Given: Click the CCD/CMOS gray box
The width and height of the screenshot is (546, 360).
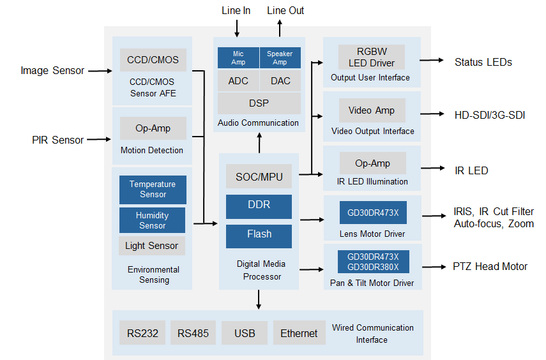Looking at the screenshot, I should click(x=153, y=60).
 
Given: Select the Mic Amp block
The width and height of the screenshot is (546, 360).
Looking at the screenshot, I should click(x=238, y=57).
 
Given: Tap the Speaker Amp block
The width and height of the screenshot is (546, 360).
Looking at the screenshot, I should click(x=280, y=57).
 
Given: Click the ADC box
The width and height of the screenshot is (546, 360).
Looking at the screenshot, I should click(x=238, y=81).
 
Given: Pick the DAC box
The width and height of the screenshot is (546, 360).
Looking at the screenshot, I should click(x=280, y=81).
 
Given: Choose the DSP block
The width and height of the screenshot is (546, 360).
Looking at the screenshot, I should click(x=259, y=103).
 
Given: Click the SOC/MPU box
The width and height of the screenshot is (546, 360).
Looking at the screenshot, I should click(x=259, y=176).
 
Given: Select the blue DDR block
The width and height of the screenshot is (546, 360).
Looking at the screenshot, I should click(x=259, y=206).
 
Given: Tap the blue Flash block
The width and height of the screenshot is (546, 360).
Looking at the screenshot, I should click(x=259, y=235).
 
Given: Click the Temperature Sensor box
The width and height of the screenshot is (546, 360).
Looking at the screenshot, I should click(x=153, y=190).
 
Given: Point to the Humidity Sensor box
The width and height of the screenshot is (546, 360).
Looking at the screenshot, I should click(x=153, y=220).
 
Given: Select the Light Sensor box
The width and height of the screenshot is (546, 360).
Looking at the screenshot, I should click(x=152, y=246).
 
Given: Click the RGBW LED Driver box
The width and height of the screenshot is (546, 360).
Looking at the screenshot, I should click(x=372, y=57).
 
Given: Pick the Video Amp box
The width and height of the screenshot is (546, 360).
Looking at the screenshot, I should click(x=372, y=110).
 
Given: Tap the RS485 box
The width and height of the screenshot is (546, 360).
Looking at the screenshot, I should click(x=193, y=333).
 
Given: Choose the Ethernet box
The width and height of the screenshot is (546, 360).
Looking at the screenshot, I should click(x=298, y=333).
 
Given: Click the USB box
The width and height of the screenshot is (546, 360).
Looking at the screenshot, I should click(x=245, y=333).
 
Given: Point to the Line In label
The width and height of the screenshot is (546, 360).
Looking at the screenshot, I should click(x=236, y=10).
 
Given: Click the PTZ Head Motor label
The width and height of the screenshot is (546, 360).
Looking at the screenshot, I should click(x=490, y=266).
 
